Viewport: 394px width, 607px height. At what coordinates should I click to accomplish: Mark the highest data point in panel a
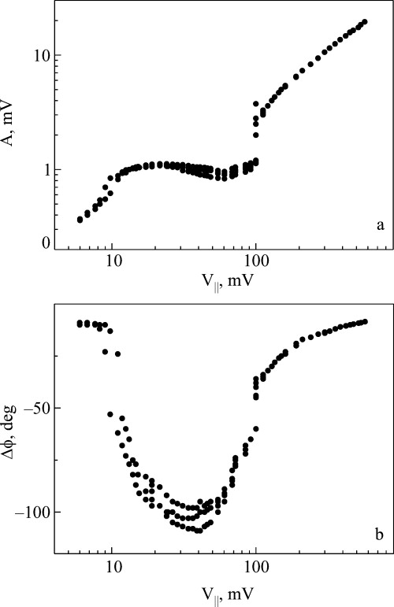(x=365, y=21)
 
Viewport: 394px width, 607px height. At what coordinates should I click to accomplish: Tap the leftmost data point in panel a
(x=80, y=220)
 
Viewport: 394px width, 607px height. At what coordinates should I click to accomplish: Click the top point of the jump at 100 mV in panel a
(x=255, y=104)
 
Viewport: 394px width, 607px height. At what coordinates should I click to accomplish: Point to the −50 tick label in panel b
(x=32, y=408)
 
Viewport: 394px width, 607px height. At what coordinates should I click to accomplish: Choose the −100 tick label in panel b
(x=28, y=513)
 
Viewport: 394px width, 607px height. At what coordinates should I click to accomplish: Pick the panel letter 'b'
(x=380, y=535)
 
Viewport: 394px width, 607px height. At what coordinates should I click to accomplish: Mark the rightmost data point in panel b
(x=365, y=321)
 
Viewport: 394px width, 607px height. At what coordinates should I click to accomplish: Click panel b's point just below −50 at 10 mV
(x=110, y=414)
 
